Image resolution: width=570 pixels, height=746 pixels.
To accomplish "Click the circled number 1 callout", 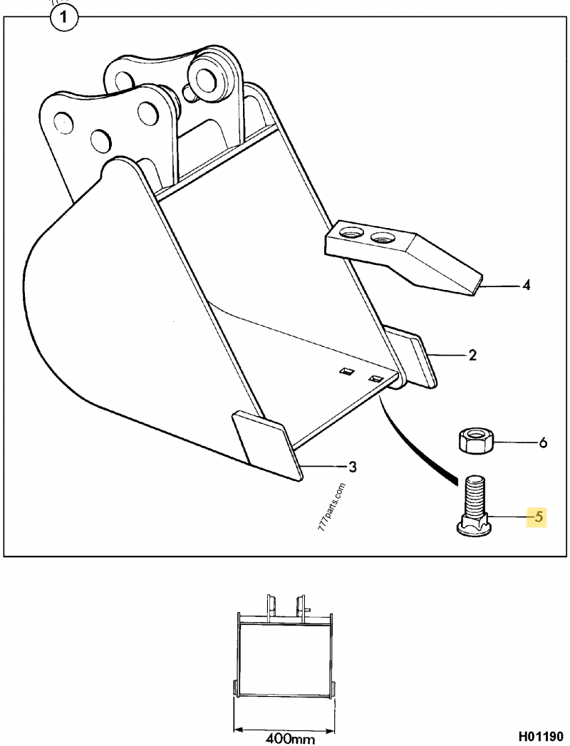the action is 63,19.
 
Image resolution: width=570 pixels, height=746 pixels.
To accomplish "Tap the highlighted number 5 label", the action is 538,517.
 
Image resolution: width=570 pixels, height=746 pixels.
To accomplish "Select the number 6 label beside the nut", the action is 542,443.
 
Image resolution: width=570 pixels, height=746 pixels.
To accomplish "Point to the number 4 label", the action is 526,286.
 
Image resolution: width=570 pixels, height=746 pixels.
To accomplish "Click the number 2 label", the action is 472,355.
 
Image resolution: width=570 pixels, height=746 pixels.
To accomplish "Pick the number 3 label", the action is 352,467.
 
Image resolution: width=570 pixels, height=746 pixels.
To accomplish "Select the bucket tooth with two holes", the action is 403,257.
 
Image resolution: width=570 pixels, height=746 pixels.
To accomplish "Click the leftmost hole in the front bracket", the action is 63,123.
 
